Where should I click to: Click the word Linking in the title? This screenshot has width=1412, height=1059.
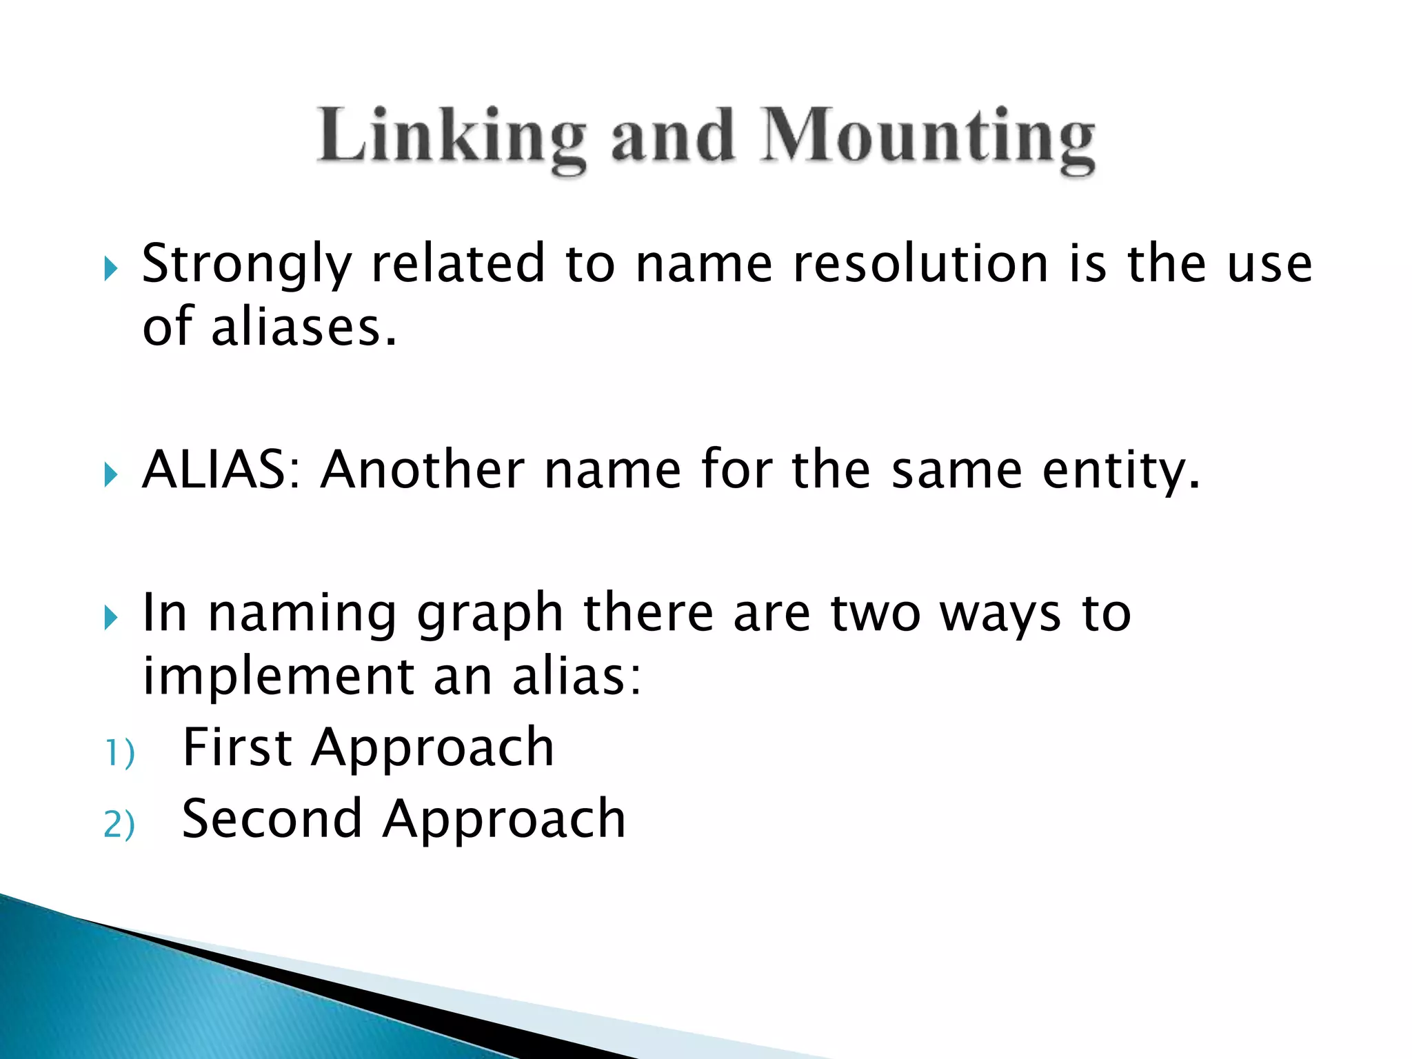[452, 138]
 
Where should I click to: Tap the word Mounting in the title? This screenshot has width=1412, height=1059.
[927, 138]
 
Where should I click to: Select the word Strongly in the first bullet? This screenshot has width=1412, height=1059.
[246, 266]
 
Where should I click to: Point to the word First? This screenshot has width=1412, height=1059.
[236, 747]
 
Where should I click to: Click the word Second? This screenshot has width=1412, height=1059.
[272, 819]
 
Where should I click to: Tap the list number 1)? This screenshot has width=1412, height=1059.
[119, 753]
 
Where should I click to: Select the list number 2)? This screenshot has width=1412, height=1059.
[119, 825]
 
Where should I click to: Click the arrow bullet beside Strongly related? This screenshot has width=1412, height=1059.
[110, 269]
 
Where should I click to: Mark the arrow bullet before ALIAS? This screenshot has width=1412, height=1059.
[110, 474]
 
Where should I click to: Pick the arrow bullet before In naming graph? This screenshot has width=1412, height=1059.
[110, 617]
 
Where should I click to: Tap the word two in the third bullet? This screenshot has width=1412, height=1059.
[876, 614]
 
